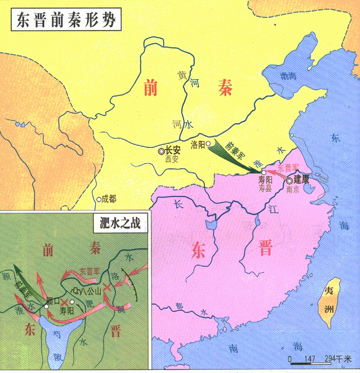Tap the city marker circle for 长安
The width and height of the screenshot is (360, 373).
[161, 151]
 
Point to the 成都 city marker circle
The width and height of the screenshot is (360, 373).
[99, 199]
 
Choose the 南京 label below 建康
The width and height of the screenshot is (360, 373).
[292, 189]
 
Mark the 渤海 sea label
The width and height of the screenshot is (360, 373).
[289, 76]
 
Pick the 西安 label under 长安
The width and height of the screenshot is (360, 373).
[171, 159]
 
